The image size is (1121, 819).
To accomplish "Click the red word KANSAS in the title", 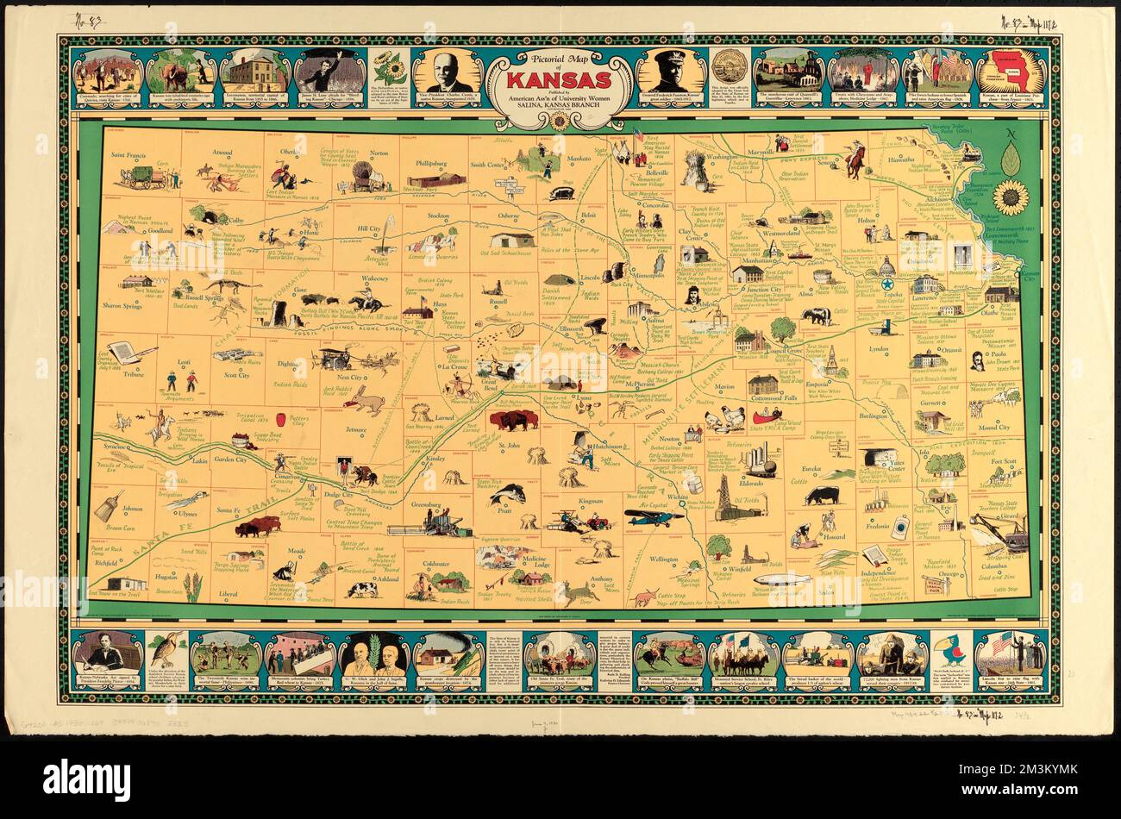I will click(560, 80).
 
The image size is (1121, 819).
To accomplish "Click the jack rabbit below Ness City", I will click(366, 399).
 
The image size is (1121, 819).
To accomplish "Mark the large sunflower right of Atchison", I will click(1010, 197).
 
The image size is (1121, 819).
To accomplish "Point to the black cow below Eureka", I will click(822, 496).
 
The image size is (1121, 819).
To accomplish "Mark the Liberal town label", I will click(227, 594).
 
